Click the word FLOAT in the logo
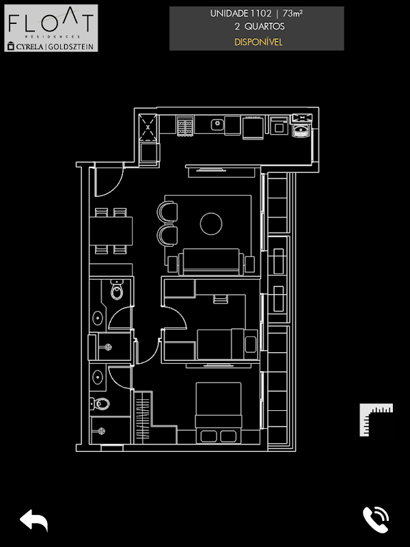[51, 23]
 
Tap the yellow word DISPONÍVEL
[257, 42]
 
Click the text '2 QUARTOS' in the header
[257, 27]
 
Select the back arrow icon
[33, 520]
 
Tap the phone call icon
[375, 520]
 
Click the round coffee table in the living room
[211, 223]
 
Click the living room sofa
[210, 262]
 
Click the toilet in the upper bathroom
[117, 291]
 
